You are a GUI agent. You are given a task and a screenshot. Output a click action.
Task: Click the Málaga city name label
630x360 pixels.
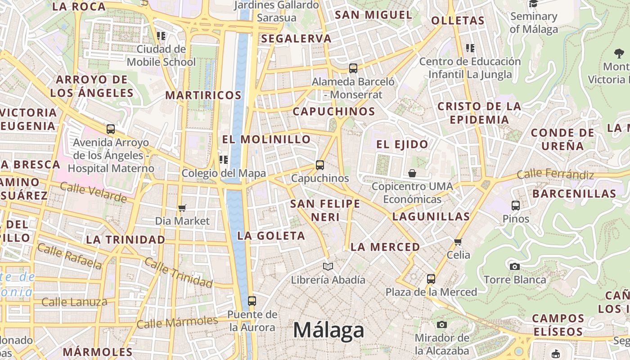328,330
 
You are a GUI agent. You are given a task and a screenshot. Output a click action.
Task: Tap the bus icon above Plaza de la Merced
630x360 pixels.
431,279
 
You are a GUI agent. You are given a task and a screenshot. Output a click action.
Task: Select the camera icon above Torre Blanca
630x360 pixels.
515,266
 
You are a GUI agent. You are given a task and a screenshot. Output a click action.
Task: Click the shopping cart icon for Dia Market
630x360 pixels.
182,208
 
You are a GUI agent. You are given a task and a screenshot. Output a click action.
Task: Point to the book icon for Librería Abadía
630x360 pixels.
328,267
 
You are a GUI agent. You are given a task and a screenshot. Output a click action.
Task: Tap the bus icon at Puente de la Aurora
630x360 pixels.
252,301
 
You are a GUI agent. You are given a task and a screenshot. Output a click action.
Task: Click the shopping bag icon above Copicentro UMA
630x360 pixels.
412,173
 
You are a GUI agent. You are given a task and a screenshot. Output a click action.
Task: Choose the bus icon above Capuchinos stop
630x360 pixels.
320,165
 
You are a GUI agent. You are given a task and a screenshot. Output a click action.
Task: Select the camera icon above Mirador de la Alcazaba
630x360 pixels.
442,325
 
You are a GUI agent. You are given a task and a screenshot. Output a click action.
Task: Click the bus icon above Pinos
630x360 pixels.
516,206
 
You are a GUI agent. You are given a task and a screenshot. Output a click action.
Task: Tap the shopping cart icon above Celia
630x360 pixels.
458,242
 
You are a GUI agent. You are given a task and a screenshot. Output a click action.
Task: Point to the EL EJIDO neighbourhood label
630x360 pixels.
402,144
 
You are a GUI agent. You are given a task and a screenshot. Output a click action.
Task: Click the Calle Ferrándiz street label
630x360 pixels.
555,174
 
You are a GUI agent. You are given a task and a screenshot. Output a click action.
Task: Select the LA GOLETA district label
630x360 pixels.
271,235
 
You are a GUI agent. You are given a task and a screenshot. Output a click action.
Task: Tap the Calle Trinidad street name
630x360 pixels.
178,273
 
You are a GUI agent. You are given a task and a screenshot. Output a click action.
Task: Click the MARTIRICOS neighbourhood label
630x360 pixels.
203,95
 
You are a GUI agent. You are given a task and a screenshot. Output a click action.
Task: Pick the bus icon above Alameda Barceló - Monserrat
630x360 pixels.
353,68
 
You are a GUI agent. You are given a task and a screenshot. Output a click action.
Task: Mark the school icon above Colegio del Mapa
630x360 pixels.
224,160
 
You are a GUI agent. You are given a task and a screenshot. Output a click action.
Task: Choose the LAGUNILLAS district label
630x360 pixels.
431,216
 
